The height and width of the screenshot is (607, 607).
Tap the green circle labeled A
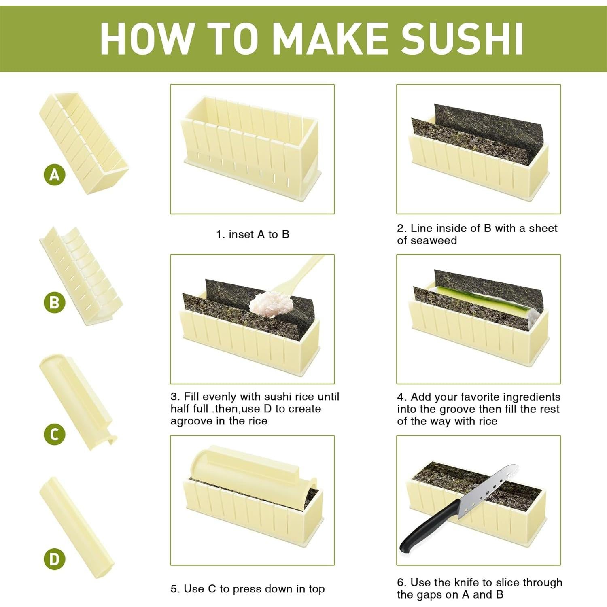click(55, 175)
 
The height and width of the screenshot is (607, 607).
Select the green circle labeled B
click(55, 302)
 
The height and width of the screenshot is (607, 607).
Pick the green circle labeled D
click(55, 559)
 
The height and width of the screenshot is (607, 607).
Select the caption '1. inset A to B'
click(253, 234)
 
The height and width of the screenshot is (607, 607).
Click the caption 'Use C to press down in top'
click(248, 589)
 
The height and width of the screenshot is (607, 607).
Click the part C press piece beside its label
click(77, 401)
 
